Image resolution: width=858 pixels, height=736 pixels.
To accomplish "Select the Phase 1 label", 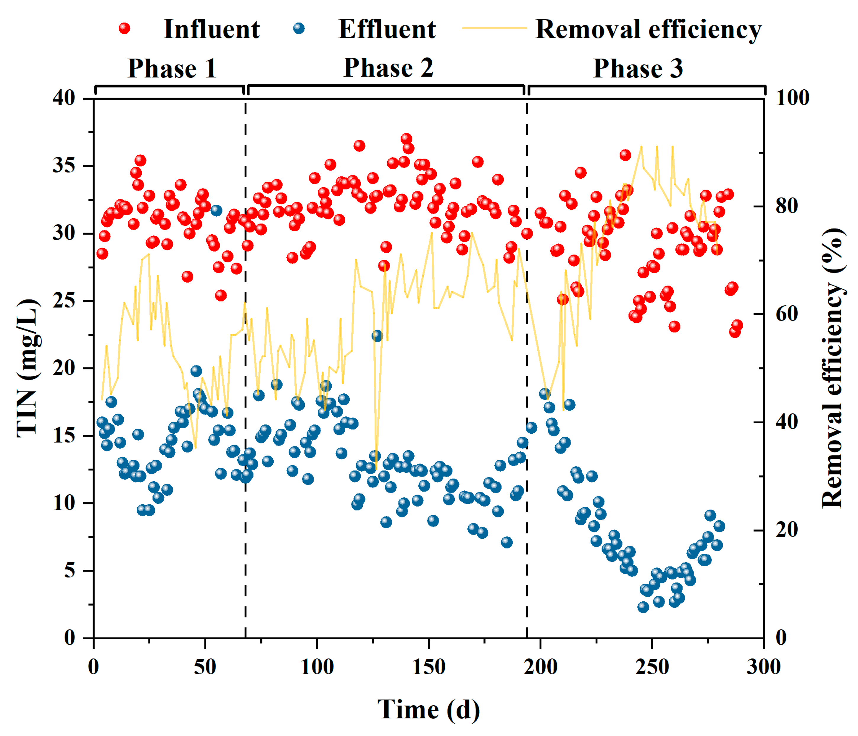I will click(x=172, y=68).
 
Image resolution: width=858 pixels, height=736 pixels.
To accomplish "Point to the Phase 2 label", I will click(x=388, y=67).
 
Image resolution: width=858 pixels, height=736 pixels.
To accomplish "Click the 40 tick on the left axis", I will click(x=64, y=98).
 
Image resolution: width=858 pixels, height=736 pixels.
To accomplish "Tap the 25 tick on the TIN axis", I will click(x=64, y=301).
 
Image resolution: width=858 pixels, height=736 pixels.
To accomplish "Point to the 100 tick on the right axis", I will click(x=792, y=98).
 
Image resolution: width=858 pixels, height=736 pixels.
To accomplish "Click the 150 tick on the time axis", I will click(x=429, y=666).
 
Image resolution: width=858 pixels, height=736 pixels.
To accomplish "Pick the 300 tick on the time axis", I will click(x=763, y=666).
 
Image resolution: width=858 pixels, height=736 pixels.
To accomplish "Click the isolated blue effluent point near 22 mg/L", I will click(x=377, y=336).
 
